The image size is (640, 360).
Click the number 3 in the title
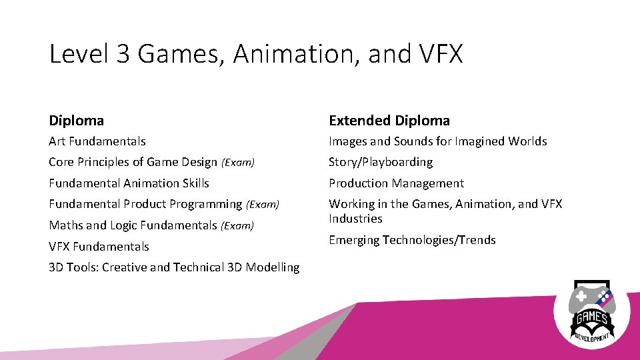(x=123, y=54)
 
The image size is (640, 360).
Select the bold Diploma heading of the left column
(x=77, y=121)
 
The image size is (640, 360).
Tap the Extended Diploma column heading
(x=389, y=121)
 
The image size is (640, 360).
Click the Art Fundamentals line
(x=97, y=141)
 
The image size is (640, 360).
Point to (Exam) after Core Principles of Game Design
(x=238, y=163)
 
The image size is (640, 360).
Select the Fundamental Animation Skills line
(x=129, y=183)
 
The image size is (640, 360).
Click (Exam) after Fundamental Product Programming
(x=263, y=205)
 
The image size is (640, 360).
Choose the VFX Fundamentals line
(x=99, y=247)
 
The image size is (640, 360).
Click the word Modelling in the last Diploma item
(x=273, y=267)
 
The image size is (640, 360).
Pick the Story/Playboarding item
(x=381, y=162)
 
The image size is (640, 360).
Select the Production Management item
(x=396, y=183)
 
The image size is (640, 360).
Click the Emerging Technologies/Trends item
(x=412, y=240)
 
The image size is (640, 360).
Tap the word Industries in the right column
(x=355, y=219)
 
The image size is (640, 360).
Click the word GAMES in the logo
(x=592, y=319)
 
